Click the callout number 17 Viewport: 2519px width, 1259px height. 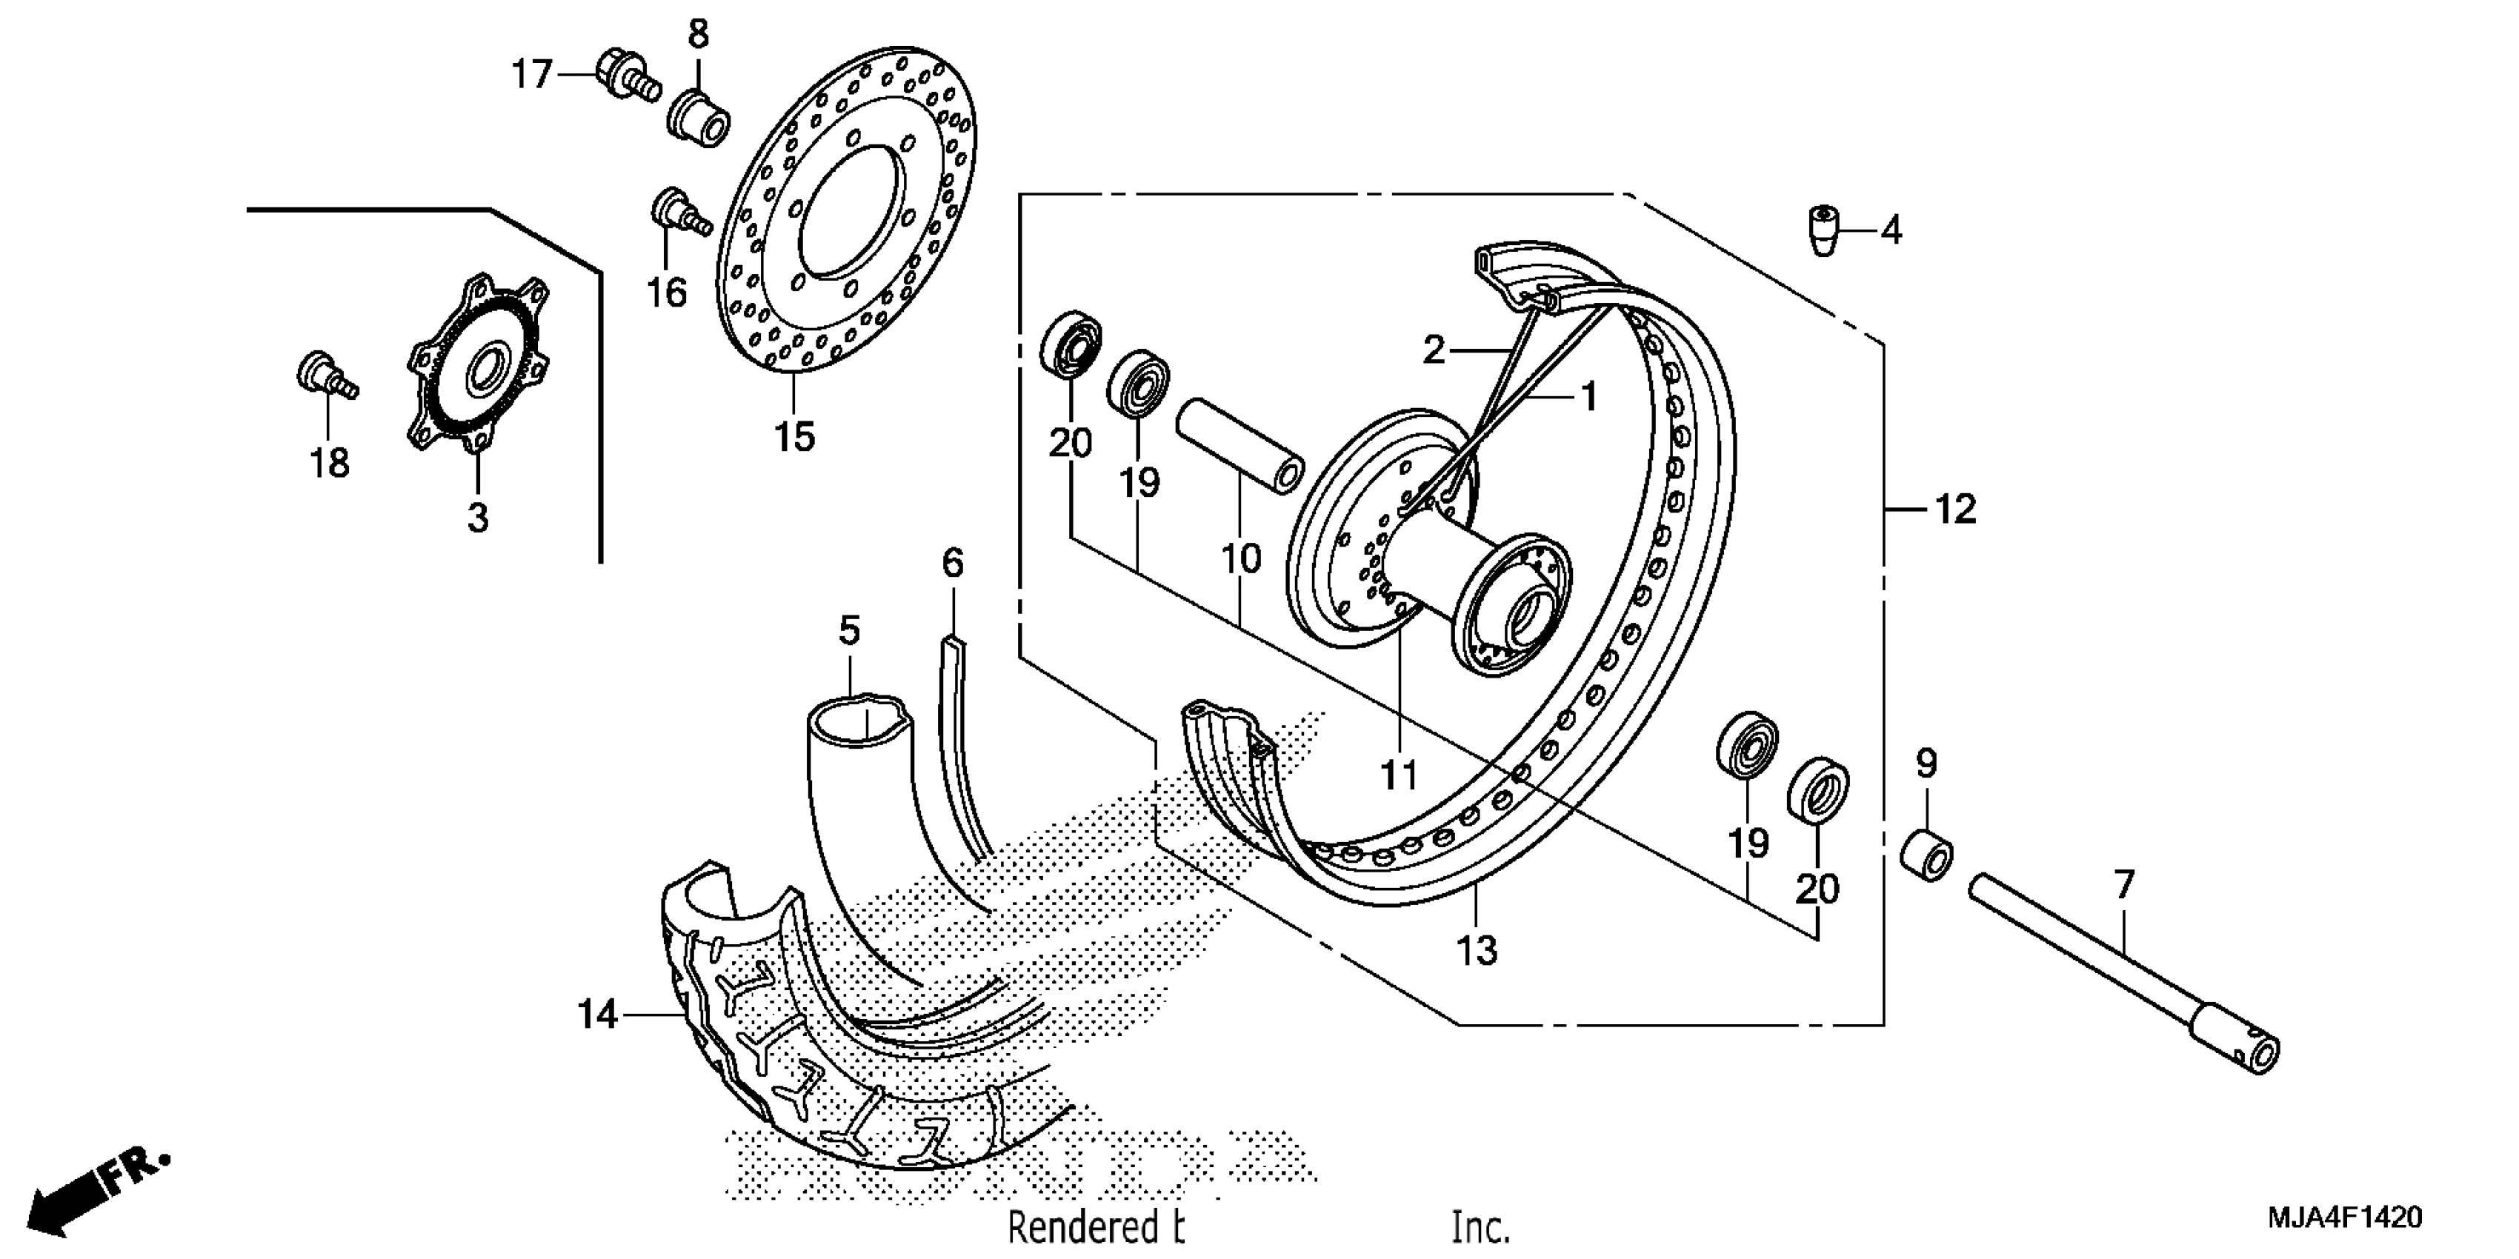533,74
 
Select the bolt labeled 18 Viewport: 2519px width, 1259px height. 327,376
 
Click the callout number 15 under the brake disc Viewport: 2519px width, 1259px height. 794,437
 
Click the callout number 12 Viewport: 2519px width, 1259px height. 1954,510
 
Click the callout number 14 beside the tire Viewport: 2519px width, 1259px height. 596,1015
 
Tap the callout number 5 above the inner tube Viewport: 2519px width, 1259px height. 849,632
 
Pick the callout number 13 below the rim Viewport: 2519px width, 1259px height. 1476,949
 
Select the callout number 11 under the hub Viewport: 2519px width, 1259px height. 1398,775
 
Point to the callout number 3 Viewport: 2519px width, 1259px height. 477,517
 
